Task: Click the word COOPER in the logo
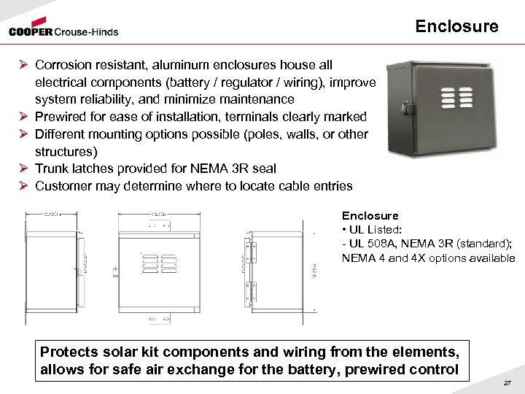click(31, 31)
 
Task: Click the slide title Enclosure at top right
click(456, 27)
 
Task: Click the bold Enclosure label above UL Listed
click(370, 216)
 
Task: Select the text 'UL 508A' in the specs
click(373, 244)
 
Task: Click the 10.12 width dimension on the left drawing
click(50, 215)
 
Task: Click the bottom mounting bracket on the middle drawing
click(160, 318)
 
